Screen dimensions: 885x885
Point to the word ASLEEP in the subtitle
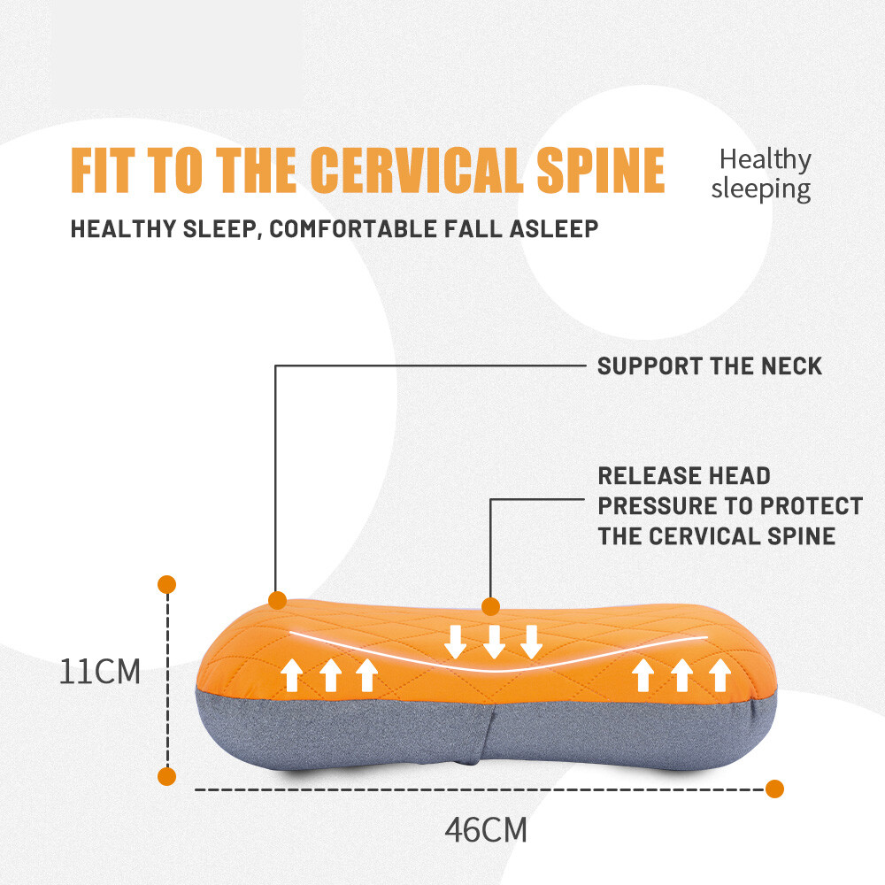click(554, 229)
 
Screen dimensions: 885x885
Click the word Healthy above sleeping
click(765, 160)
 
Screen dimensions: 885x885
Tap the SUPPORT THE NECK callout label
click(710, 366)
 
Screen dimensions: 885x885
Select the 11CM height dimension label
click(100, 672)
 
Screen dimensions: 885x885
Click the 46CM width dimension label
click(486, 830)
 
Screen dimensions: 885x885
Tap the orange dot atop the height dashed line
click(167, 585)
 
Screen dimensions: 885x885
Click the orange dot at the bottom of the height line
click(167, 777)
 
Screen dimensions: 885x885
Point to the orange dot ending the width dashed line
click(775, 789)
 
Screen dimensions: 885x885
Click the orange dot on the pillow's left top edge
click(278, 601)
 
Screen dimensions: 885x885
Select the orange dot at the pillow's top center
click(491, 607)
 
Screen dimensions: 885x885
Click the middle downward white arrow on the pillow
click(494, 642)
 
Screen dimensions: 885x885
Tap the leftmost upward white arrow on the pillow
click(292, 675)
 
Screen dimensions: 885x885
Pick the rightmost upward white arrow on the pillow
click(720, 675)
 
